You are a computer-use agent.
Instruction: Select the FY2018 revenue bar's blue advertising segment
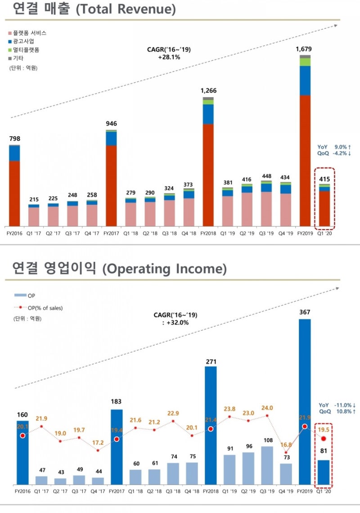208,114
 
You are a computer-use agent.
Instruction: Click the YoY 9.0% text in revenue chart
334,147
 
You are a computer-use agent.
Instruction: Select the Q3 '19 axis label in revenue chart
266,234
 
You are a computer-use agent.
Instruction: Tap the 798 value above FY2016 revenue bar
14,139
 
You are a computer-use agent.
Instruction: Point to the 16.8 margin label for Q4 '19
286,445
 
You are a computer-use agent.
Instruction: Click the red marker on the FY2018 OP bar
211,429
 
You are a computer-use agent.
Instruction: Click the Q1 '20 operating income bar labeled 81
324,472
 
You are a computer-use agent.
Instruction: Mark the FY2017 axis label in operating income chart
116,492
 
